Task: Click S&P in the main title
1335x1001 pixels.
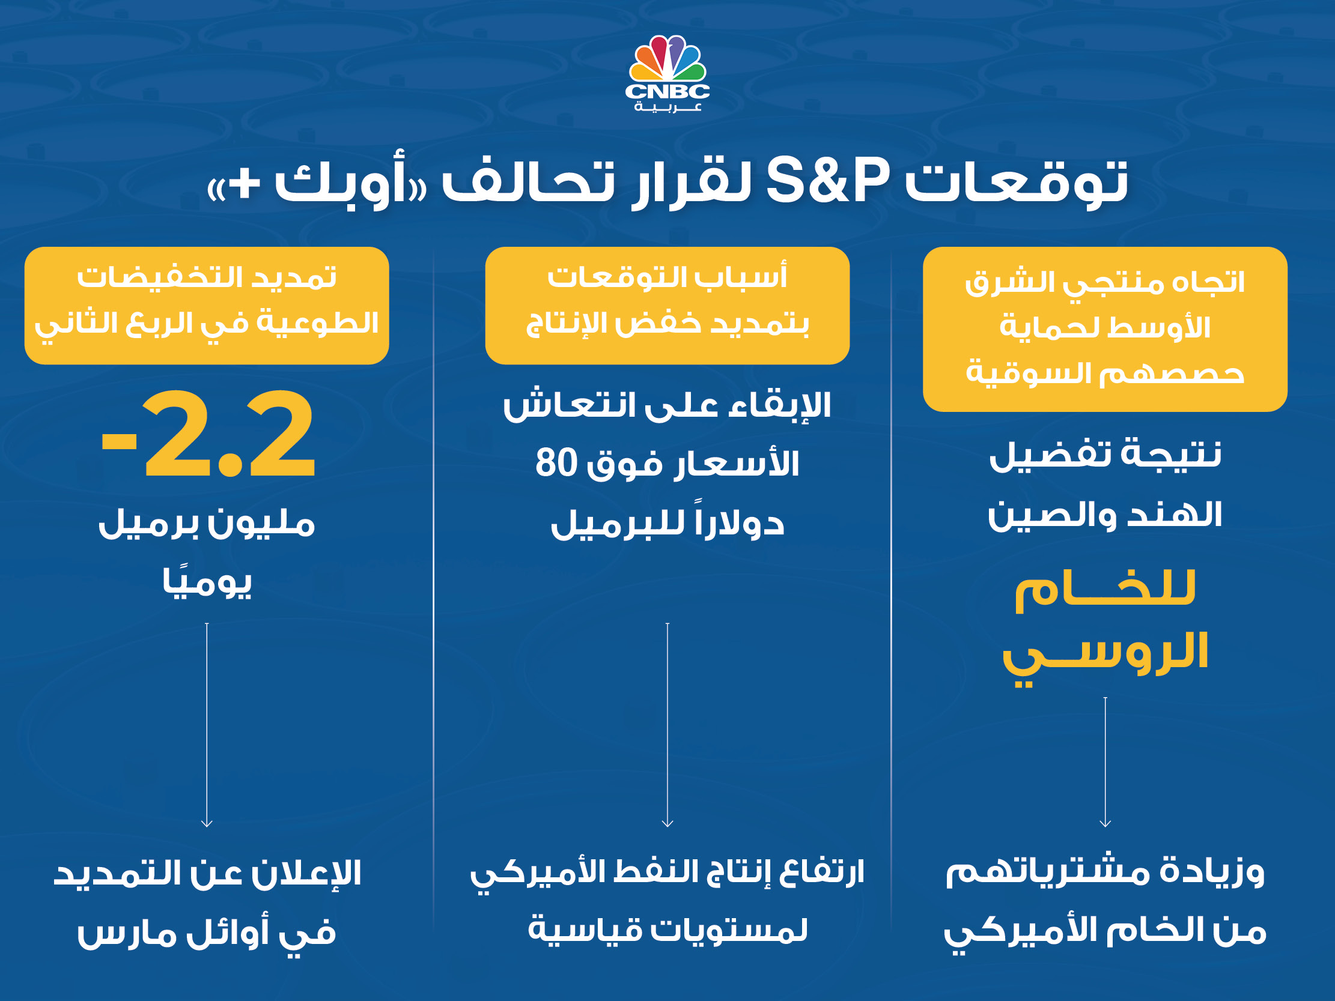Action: (828, 180)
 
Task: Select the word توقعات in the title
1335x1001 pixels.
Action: (1017, 181)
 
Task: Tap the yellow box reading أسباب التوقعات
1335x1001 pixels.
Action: (667, 305)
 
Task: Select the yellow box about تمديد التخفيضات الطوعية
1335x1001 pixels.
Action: (207, 305)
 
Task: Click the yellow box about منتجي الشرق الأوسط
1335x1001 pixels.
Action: (1105, 330)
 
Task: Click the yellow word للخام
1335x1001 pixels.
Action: (1105, 591)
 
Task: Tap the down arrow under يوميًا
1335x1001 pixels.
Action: (207, 725)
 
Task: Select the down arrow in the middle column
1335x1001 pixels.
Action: (667, 725)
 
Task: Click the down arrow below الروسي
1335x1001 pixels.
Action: (1105, 762)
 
